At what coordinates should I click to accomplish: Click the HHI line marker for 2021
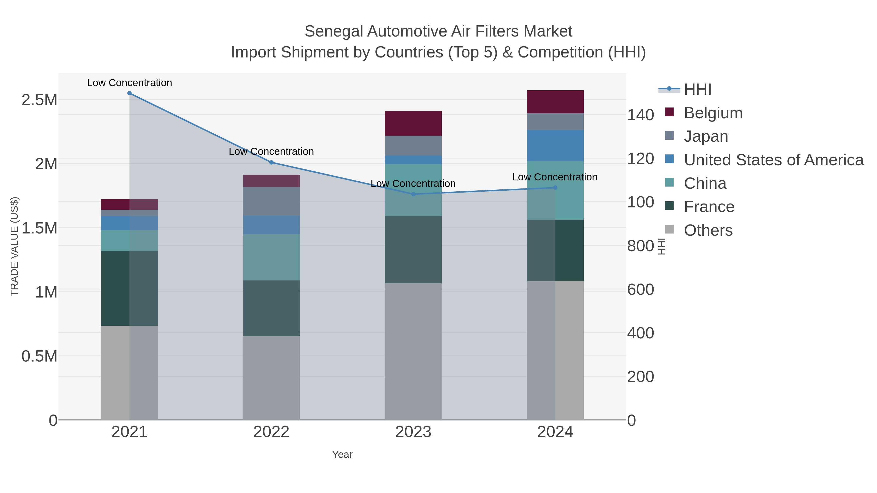pos(129,93)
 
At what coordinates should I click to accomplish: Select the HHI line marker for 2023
pos(413,194)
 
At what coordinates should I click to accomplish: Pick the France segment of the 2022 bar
pos(271,308)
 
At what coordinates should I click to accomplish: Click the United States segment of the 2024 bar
pos(555,145)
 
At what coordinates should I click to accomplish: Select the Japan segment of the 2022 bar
pos(271,201)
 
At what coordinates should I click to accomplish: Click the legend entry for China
pos(705,183)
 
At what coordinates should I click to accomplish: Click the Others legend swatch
pos(669,229)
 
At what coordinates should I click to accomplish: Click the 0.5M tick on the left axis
pos(39,356)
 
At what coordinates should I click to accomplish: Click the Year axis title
pos(342,455)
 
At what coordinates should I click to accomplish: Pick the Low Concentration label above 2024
pos(555,177)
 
